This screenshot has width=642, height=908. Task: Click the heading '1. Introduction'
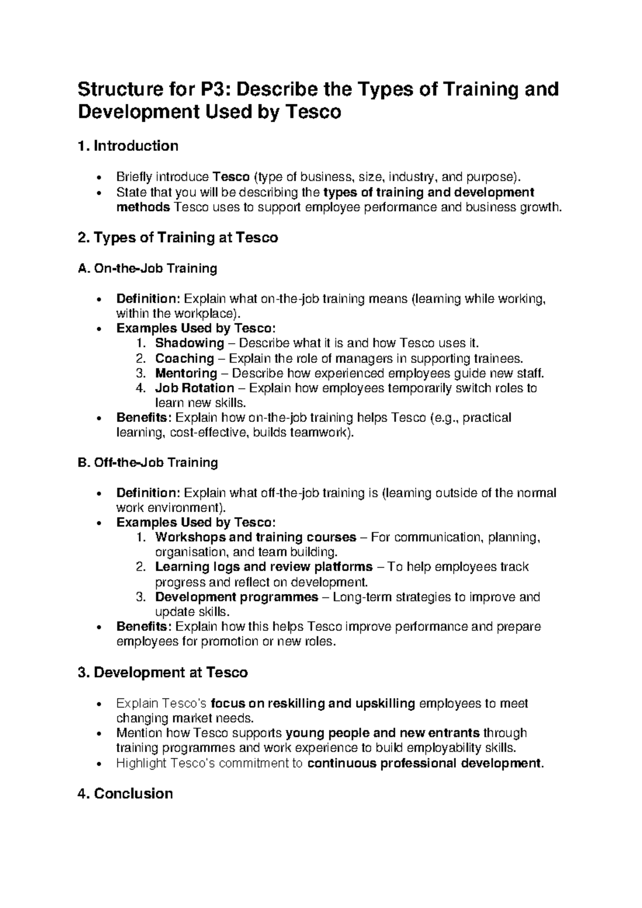point(128,146)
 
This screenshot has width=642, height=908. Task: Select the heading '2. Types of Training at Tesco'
point(178,238)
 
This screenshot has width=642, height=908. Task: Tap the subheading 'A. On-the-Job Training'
point(147,268)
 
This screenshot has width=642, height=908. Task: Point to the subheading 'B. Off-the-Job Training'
point(148,463)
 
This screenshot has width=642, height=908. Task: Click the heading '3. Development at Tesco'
point(163,672)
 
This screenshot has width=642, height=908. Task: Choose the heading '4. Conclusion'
point(125,793)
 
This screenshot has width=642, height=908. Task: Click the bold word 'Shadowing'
point(189,343)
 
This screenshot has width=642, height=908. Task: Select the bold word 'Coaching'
point(185,358)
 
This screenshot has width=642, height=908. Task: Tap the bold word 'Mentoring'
point(186,373)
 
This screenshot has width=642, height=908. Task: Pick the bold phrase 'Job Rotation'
point(195,388)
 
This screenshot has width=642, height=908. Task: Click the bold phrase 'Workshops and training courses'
point(256,537)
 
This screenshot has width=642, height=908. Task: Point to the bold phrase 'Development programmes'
point(236,597)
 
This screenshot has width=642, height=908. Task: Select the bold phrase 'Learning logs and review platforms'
point(264,567)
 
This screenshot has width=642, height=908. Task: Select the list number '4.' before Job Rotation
point(141,388)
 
